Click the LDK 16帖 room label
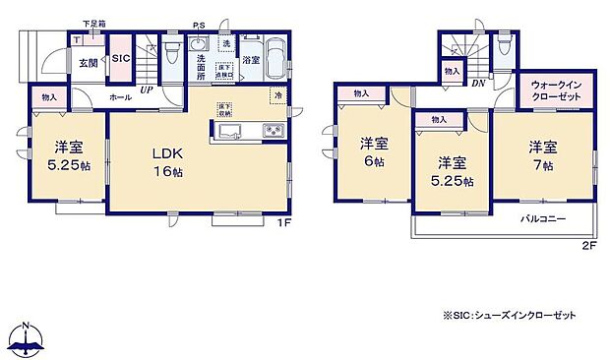[167, 162]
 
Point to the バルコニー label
[542, 219]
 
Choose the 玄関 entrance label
[89, 63]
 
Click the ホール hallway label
[121, 98]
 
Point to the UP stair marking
[147, 90]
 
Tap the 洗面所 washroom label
[201, 66]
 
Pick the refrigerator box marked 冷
[277, 95]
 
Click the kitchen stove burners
[272, 132]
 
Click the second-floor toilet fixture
[504, 44]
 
